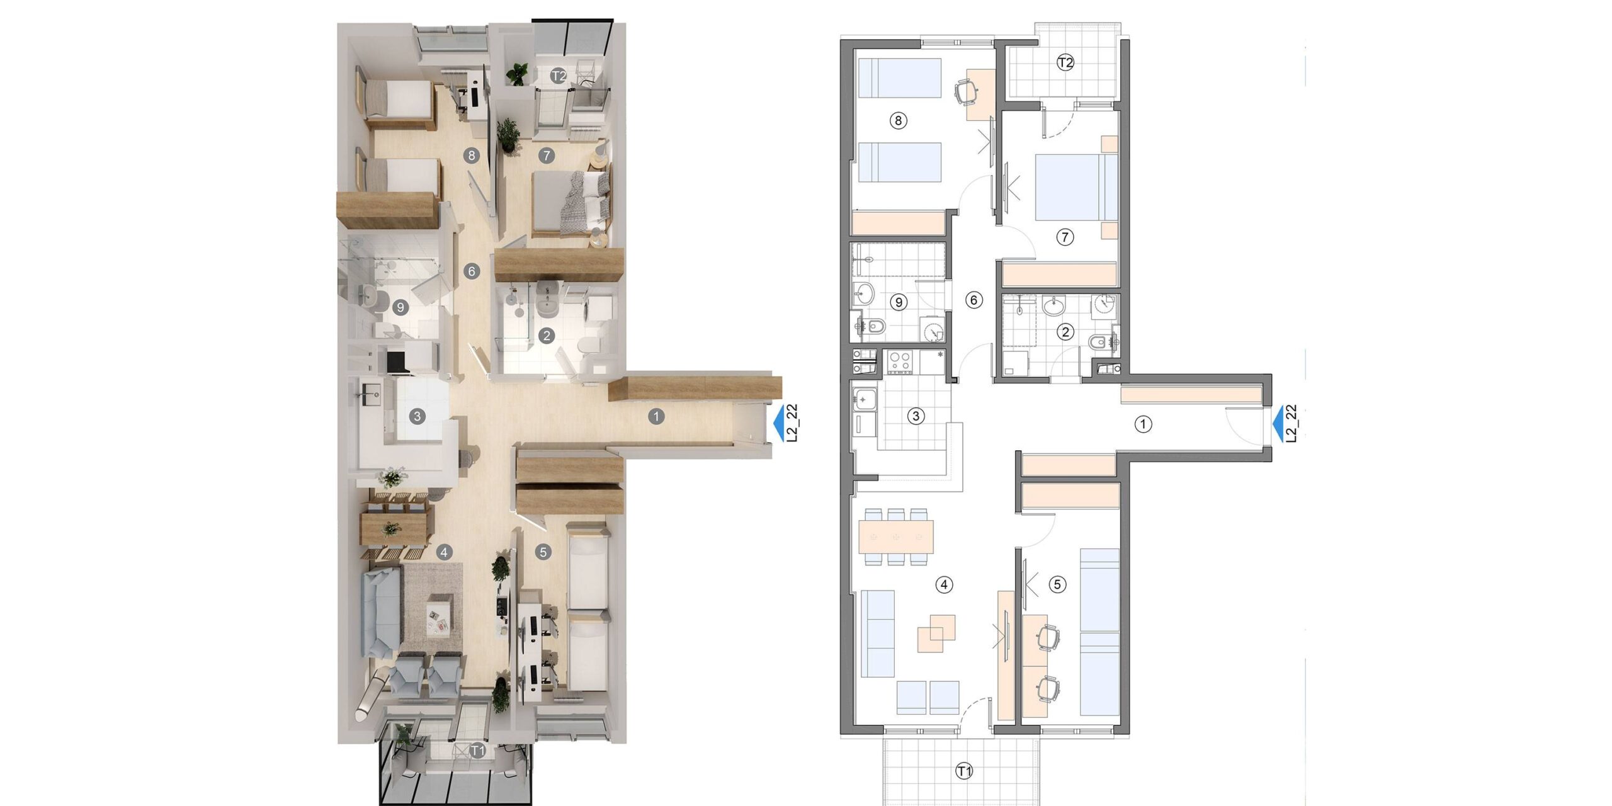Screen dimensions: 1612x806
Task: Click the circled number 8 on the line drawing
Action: pos(898,120)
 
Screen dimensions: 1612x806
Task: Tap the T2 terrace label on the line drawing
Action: pos(1065,63)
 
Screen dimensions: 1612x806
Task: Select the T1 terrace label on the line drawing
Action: pos(964,771)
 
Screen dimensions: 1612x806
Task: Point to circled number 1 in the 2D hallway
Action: pos(1143,424)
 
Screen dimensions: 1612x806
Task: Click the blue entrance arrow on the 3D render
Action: pos(779,423)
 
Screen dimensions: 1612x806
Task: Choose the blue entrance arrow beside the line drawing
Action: pos(1278,424)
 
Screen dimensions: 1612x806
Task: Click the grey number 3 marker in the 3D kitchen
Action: pos(416,416)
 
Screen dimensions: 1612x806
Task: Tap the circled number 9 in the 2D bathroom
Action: pos(899,302)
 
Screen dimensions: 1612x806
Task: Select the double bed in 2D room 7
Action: pos(1077,188)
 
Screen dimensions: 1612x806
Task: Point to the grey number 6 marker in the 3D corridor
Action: pos(472,271)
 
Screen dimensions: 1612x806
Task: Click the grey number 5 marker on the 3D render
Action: pos(543,552)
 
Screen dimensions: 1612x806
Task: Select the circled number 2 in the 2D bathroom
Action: pos(1065,332)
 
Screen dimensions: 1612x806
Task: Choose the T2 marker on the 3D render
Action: pos(559,76)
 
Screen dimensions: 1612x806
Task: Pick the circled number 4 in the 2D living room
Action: pos(943,585)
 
